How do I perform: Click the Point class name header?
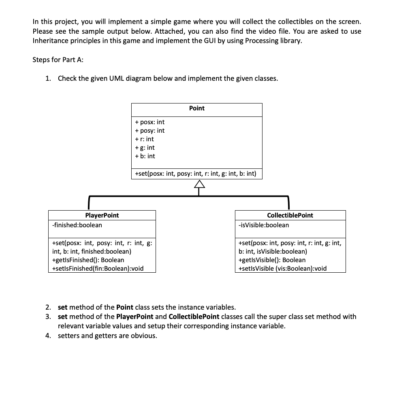(196, 108)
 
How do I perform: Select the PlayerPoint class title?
(102, 215)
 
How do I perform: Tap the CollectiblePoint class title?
(290, 215)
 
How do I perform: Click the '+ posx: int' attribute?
(149, 122)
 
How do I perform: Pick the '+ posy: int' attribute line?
(149, 131)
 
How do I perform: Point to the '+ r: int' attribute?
(144, 139)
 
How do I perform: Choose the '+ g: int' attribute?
(145, 148)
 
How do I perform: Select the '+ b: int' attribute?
(145, 156)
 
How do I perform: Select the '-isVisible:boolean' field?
(264, 225)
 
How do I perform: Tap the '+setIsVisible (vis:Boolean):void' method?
(283, 268)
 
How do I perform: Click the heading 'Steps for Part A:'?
(58, 60)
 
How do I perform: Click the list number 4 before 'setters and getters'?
(48, 336)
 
